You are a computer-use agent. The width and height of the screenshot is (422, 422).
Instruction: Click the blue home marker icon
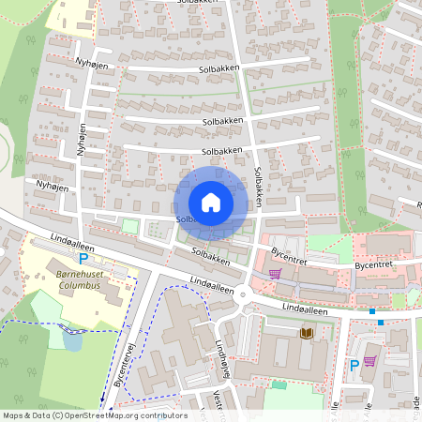click(211, 203)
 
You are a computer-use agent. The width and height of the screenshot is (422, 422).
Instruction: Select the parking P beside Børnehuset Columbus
click(83, 259)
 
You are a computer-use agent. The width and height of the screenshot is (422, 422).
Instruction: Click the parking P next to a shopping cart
click(354, 365)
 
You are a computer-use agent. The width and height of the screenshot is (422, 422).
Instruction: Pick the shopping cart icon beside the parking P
click(369, 361)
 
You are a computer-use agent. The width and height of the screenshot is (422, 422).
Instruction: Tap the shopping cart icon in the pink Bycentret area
click(275, 274)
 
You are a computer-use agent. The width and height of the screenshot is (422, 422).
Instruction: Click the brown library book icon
click(306, 333)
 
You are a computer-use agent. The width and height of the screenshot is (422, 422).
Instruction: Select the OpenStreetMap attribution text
click(94, 415)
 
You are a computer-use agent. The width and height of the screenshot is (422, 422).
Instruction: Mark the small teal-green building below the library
click(279, 384)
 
